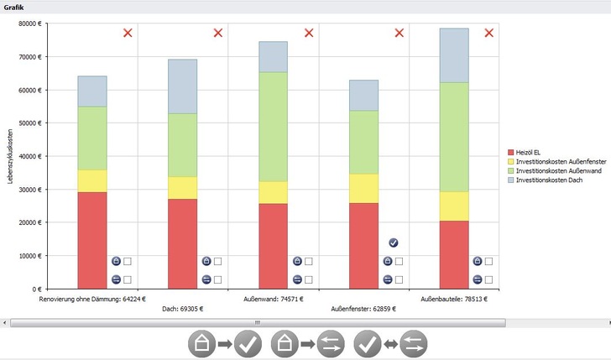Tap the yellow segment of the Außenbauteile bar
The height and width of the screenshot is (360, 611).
click(x=454, y=206)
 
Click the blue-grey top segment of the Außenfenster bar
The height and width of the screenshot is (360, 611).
click(x=363, y=96)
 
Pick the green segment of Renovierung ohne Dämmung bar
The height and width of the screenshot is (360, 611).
click(x=92, y=138)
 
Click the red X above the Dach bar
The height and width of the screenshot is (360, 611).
click(x=218, y=33)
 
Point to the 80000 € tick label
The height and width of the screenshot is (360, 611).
click(x=29, y=23)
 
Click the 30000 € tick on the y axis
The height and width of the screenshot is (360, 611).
click(x=29, y=190)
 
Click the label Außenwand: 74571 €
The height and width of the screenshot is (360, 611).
click(x=274, y=298)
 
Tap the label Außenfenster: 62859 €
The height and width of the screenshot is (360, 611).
click(x=363, y=309)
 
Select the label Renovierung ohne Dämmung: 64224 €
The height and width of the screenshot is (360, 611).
click(x=92, y=298)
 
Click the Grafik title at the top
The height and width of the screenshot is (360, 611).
click(x=14, y=7)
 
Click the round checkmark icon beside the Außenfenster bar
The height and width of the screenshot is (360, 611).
click(x=394, y=243)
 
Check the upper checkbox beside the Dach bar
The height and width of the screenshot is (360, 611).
click(x=217, y=262)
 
